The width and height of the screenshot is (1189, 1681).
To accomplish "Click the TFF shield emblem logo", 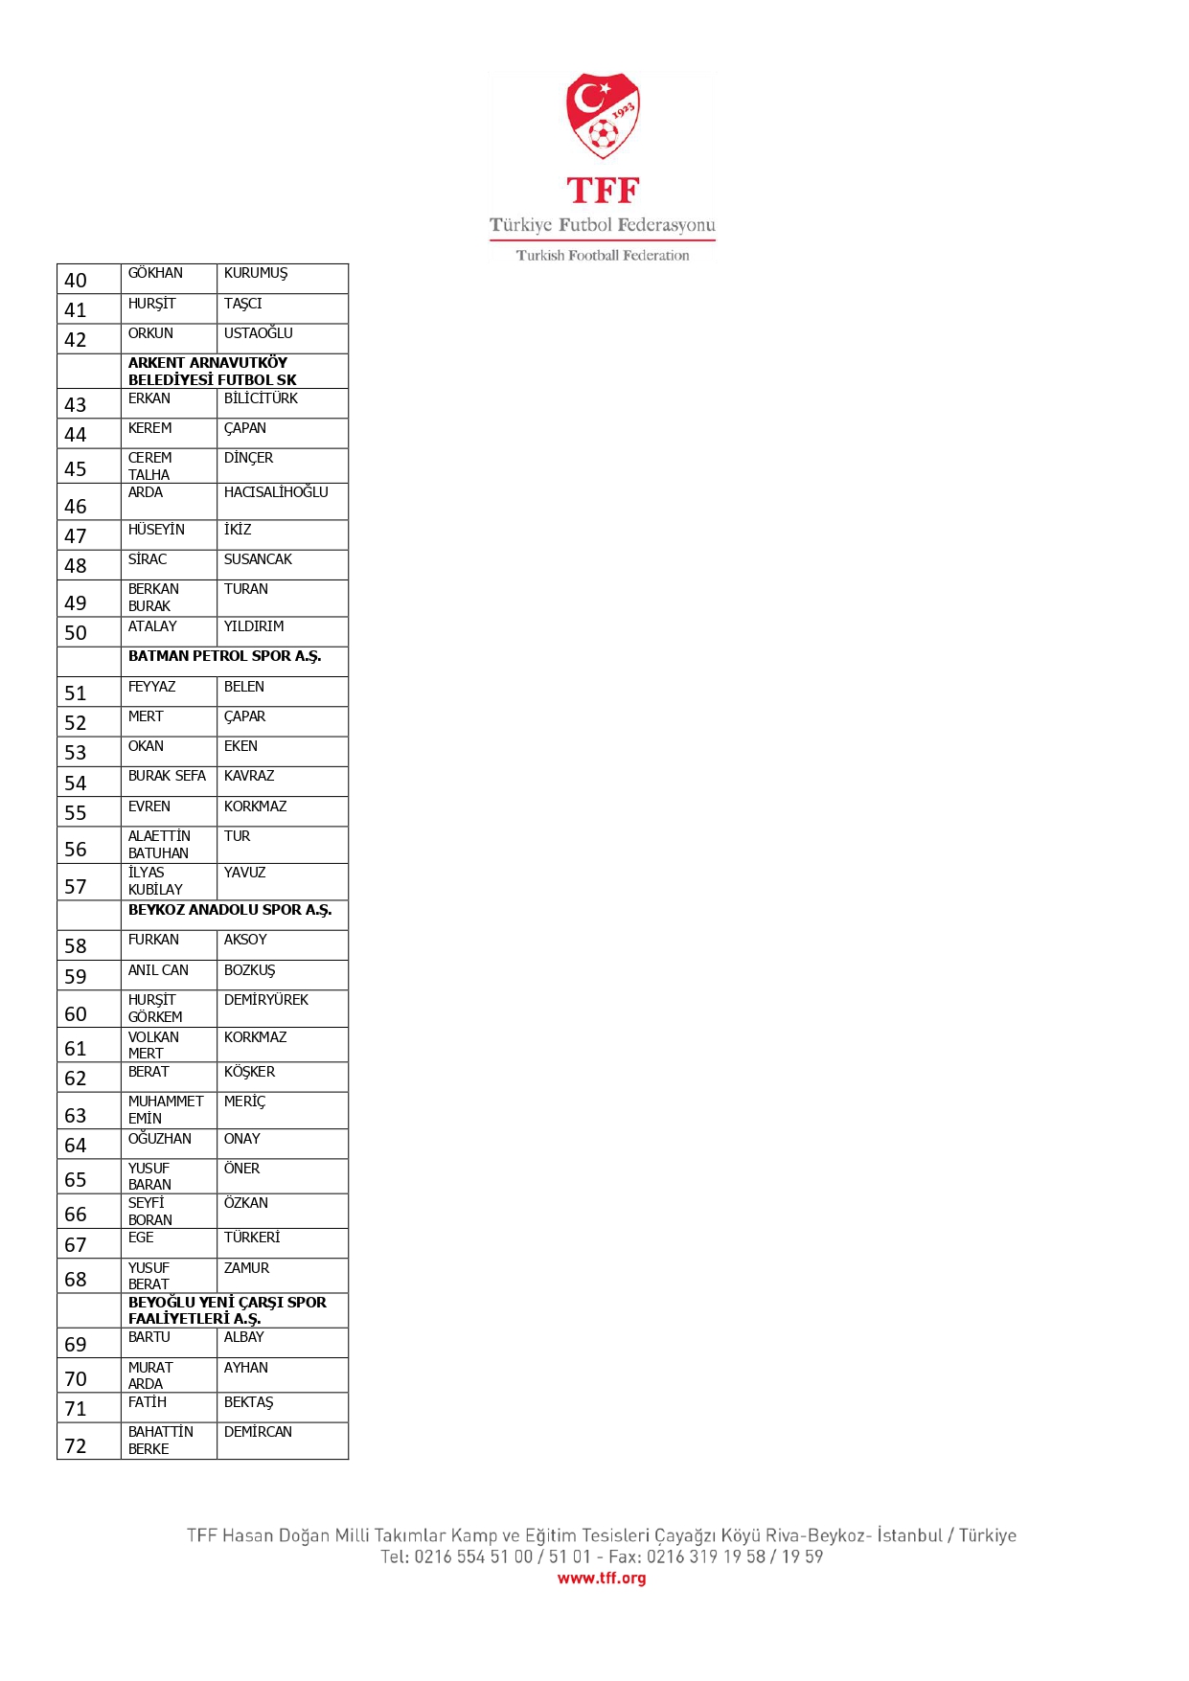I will coord(602,115).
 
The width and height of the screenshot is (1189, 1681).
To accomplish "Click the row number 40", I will coord(76,281).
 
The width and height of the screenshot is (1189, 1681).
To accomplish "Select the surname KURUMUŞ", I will coord(255,273).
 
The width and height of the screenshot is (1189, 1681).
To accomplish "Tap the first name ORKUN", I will coord(150,333).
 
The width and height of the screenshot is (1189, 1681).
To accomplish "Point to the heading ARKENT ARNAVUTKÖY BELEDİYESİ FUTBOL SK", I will coord(213,371).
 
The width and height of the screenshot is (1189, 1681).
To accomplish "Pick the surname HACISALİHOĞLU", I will coord(276,492).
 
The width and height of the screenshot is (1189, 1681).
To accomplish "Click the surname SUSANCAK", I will coord(258,559).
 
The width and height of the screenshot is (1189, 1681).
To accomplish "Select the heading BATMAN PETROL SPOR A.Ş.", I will coord(224,656).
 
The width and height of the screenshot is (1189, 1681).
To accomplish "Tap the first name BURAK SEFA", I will coord(167,776).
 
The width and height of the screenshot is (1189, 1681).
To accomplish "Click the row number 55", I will coord(76,813).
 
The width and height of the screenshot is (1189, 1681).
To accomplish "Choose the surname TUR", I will coord(237,836).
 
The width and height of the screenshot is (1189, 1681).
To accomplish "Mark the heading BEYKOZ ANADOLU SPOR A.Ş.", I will coord(230,910).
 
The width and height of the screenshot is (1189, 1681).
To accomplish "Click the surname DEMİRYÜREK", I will coord(266,1000).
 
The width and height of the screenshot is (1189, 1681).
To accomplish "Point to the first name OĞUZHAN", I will coord(160,1139).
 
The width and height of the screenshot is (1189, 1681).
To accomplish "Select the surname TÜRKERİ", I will coord(252,1238).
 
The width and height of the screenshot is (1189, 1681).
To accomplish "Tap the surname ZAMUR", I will coord(246,1268).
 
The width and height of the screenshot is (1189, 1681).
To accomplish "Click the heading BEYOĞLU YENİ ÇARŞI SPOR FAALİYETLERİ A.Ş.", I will coord(227,1310).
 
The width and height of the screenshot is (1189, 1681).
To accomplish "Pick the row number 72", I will coord(76,1446).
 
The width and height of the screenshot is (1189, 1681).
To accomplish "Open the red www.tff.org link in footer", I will coord(602,1578).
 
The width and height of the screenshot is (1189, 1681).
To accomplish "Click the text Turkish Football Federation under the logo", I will coord(603,256).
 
